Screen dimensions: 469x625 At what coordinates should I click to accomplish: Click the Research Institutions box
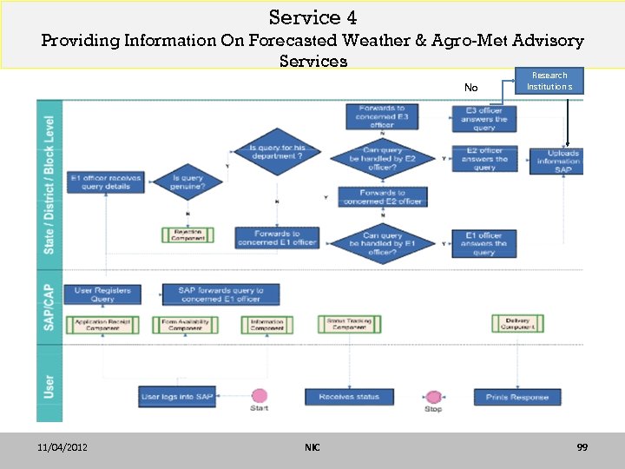point(549,81)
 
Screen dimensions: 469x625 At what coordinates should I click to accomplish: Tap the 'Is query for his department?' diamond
point(276,153)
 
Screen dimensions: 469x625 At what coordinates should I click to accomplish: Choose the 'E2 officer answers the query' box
point(484,159)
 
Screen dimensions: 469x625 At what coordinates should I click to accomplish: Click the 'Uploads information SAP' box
point(556,162)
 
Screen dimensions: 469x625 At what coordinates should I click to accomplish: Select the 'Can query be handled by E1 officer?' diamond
point(382,243)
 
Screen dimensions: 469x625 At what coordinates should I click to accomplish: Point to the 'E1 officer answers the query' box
point(484,243)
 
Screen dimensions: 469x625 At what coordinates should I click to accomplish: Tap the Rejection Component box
point(187,234)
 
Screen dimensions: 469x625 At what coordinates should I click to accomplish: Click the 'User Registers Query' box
point(102,294)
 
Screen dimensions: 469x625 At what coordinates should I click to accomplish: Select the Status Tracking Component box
point(349,324)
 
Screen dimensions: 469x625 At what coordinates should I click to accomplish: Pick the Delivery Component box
point(517,324)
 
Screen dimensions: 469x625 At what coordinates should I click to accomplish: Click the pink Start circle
point(259,396)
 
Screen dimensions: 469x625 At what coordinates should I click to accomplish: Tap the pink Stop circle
point(433,397)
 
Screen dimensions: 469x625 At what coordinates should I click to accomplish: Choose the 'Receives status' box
point(349,397)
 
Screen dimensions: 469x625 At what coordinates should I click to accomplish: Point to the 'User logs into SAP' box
point(177,397)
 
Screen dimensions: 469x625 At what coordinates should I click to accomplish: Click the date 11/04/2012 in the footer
point(62,447)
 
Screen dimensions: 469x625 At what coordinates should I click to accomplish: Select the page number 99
point(582,447)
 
